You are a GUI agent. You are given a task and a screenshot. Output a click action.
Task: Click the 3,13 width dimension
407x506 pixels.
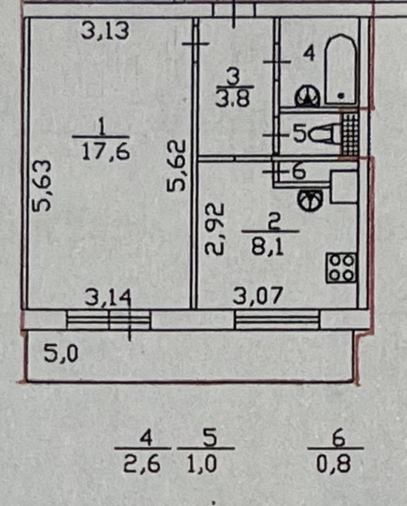(105, 31)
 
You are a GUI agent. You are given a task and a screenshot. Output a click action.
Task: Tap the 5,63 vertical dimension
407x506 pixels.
(42, 185)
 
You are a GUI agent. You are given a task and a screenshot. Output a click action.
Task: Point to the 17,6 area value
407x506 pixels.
(106, 152)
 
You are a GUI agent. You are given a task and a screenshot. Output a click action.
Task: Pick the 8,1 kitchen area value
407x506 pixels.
(267, 247)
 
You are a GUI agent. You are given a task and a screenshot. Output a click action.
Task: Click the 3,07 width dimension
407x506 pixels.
(257, 296)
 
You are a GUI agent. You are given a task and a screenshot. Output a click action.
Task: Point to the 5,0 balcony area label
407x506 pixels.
(61, 354)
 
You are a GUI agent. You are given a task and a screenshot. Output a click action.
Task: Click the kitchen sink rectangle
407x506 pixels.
(344, 187)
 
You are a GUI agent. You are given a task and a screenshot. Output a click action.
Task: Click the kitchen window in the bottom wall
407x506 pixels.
(277, 320)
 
